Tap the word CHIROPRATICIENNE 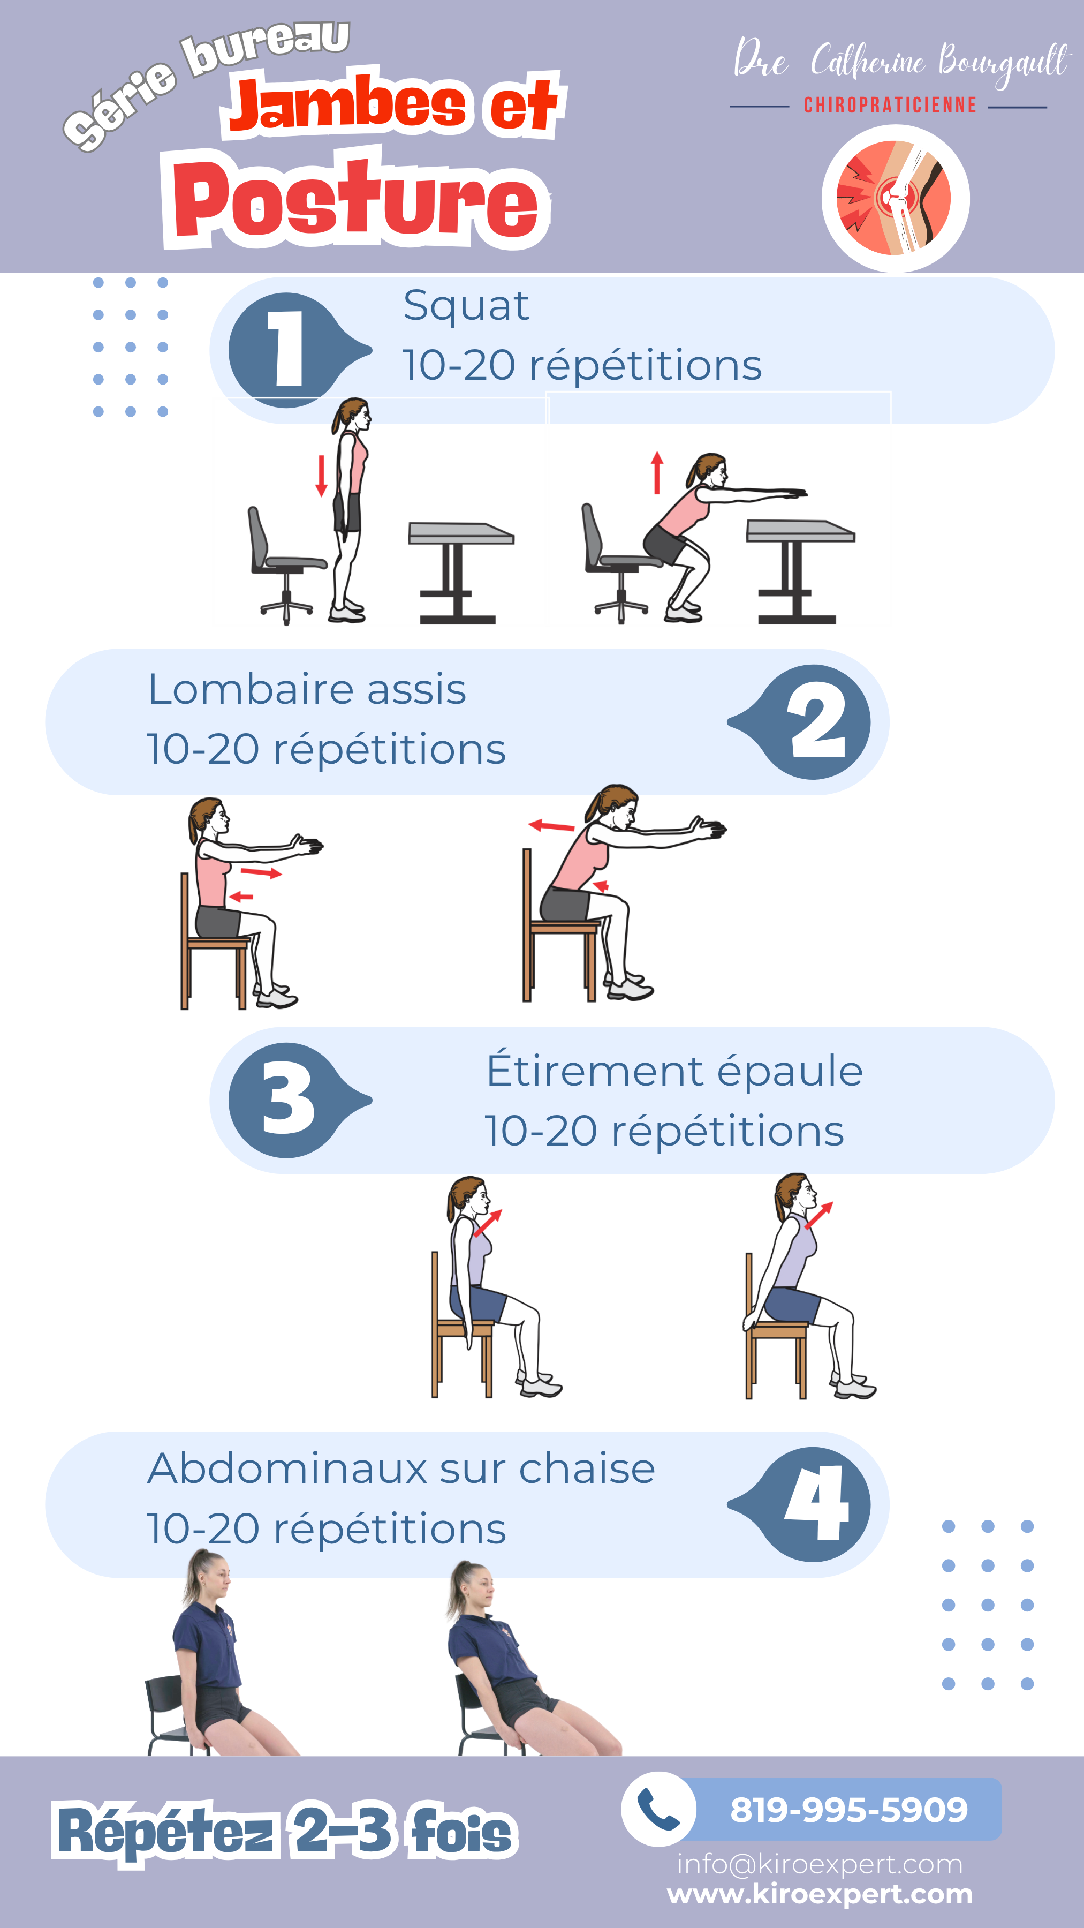tap(890, 106)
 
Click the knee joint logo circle tap(896, 198)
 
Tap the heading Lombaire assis tap(307, 689)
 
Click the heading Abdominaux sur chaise tap(401, 1468)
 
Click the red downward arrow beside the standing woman tap(322, 475)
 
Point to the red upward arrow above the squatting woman tap(657, 472)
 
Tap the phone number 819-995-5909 tap(849, 1810)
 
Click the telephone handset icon tap(658, 1810)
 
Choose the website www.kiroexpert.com tap(820, 1894)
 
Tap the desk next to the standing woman tap(459, 573)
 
